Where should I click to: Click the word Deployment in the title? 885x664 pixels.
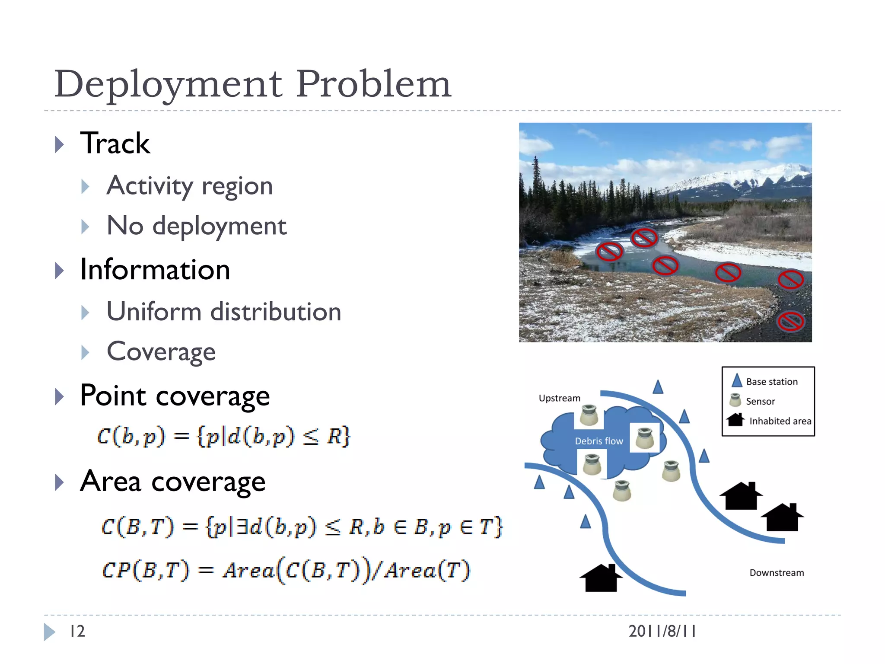(169, 84)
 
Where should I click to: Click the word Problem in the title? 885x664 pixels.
(373, 84)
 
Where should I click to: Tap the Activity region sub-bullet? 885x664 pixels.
(190, 186)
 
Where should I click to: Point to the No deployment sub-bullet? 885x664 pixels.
(197, 226)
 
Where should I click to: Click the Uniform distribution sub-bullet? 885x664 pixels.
(224, 312)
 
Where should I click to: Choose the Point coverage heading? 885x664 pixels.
(175, 396)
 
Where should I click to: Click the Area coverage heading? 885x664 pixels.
(173, 481)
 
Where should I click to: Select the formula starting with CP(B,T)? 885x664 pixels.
(286, 570)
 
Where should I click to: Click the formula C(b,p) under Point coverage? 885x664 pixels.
(223, 436)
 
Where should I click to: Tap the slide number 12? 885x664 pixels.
(77, 631)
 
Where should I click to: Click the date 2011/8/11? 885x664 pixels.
(662, 631)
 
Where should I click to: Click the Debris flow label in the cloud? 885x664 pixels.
(599, 441)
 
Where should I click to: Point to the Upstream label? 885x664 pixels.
(560, 398)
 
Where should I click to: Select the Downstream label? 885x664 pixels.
(777, 573)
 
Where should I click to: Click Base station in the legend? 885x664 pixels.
(772, 382)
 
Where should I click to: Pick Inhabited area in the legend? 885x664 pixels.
(780, 421)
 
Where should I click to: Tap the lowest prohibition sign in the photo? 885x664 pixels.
(790, 322)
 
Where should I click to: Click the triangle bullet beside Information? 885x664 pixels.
(60, 271)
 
